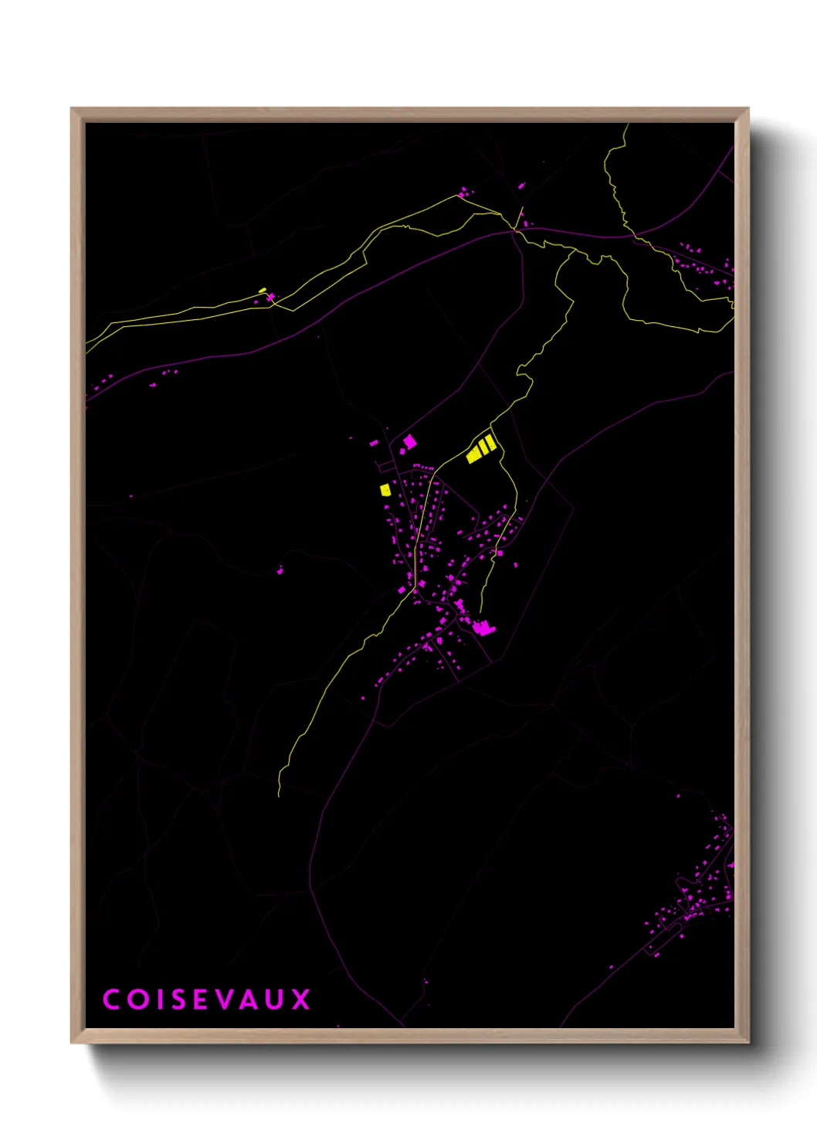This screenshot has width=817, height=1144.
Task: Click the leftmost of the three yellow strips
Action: coord(473,454)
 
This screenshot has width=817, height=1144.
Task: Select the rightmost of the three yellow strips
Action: coord(490,443)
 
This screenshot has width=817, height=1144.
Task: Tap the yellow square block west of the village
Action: coord(385,489)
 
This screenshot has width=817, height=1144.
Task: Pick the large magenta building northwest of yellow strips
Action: coord(409,441)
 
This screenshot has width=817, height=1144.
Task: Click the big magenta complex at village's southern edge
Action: coord(483,628)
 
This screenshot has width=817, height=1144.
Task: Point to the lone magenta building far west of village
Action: coord(280,570)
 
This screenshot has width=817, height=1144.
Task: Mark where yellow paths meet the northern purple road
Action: coord(516,230)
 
